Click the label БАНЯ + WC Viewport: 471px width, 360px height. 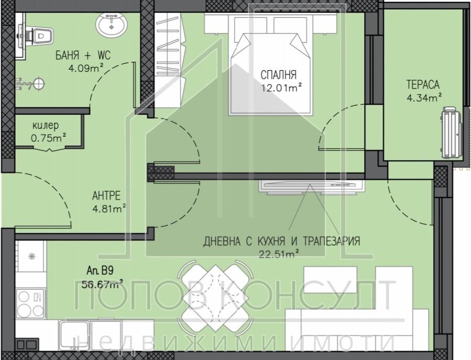pos(82,55)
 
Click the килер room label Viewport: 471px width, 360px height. pos(46,125)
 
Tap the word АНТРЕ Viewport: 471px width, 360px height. pos(106,196)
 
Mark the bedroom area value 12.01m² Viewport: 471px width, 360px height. pos(283,88)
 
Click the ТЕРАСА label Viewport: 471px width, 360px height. pos(422,84)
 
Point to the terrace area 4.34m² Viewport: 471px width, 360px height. pos(424,97)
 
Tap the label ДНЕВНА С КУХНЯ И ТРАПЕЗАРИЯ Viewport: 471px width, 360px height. pos(282,241)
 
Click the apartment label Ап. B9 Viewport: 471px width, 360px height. pos(100,271)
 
